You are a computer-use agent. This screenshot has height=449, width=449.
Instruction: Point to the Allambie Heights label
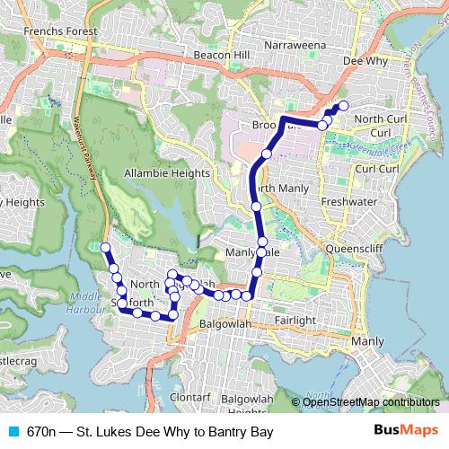(168, 172)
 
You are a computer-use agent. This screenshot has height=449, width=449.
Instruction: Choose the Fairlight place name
(295, 320)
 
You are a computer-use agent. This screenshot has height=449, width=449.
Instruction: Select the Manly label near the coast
(368, 341)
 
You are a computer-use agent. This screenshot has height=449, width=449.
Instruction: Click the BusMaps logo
(407, 432)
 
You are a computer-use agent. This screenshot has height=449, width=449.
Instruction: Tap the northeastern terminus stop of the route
(343, 106)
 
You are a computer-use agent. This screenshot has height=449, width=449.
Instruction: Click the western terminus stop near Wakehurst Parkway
(105, 247)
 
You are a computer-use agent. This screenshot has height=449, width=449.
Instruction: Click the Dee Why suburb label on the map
(365, 62)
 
